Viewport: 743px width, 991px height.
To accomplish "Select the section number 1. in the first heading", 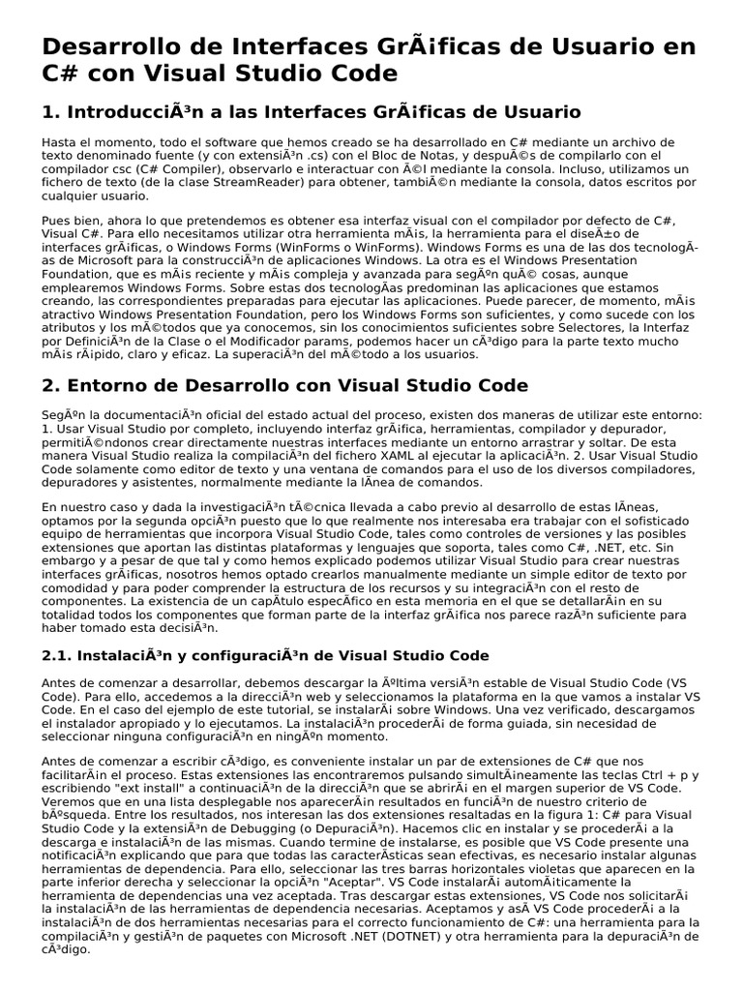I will (51, 112).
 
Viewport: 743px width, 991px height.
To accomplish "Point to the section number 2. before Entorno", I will (53, 385).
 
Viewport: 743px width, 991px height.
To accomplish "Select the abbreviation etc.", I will (684, 547).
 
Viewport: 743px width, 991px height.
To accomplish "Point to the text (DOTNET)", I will (428, 938).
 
